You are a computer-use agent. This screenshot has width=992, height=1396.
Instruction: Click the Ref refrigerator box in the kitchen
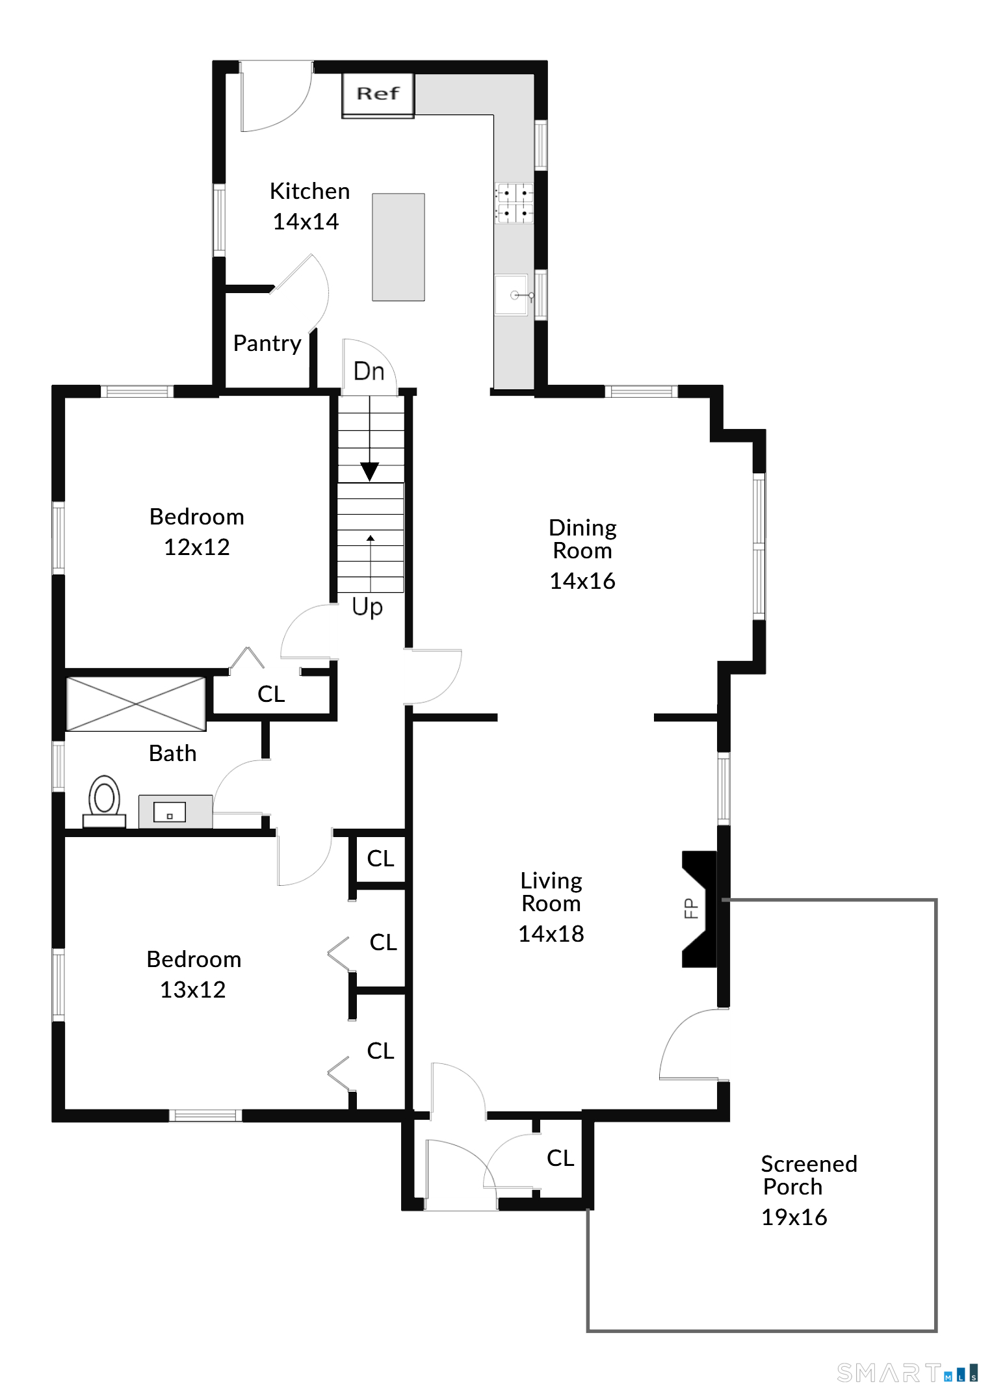pyautogui.click(x=378, y=95)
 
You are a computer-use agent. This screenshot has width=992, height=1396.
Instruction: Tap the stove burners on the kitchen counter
pyautogui.click(x=514, y=203)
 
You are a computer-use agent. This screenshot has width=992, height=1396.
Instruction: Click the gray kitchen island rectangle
pyautogui.click(x=398, y=247)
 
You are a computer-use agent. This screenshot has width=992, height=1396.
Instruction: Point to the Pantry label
pyautogui.click(x=267, y=343)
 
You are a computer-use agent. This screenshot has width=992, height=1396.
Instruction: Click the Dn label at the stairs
pyautogui.click(x=369, y=372)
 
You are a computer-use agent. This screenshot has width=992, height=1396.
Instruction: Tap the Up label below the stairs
pyautogui.click(x=367, y=606)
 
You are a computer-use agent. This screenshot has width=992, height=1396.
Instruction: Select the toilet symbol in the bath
pyautogui.click(x=104, y=799)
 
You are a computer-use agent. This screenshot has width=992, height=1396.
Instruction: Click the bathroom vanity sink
pyautogui.click(x=170, y=812)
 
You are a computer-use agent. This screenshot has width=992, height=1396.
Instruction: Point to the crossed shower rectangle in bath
pyautogui.click(x=136, y=704)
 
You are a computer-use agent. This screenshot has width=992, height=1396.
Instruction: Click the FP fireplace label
pyautogui.click(x=691, y=908)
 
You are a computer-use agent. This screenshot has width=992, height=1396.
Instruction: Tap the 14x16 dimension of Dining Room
pyautogui.click(x=582, y=581)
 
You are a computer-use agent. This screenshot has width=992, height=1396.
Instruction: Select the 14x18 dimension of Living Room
pyautogui.click(x=551, y=934)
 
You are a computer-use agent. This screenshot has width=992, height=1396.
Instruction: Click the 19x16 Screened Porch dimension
pyautogui.click(x=794, y=1217)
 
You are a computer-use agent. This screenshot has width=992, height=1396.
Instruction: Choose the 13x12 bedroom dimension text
pyautogui.click(x=192, y=990)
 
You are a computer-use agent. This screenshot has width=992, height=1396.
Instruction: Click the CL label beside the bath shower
pyautogui.click(x=271, y=694)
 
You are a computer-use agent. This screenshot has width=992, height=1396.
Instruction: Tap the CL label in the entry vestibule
pyautogui.click(x=560, y=1158)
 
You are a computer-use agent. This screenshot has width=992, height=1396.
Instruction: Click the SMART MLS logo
pyautogui.click(x=907, y=1373)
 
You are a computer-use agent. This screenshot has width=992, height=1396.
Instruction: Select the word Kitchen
pyautogui.click(x=309, y=191)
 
